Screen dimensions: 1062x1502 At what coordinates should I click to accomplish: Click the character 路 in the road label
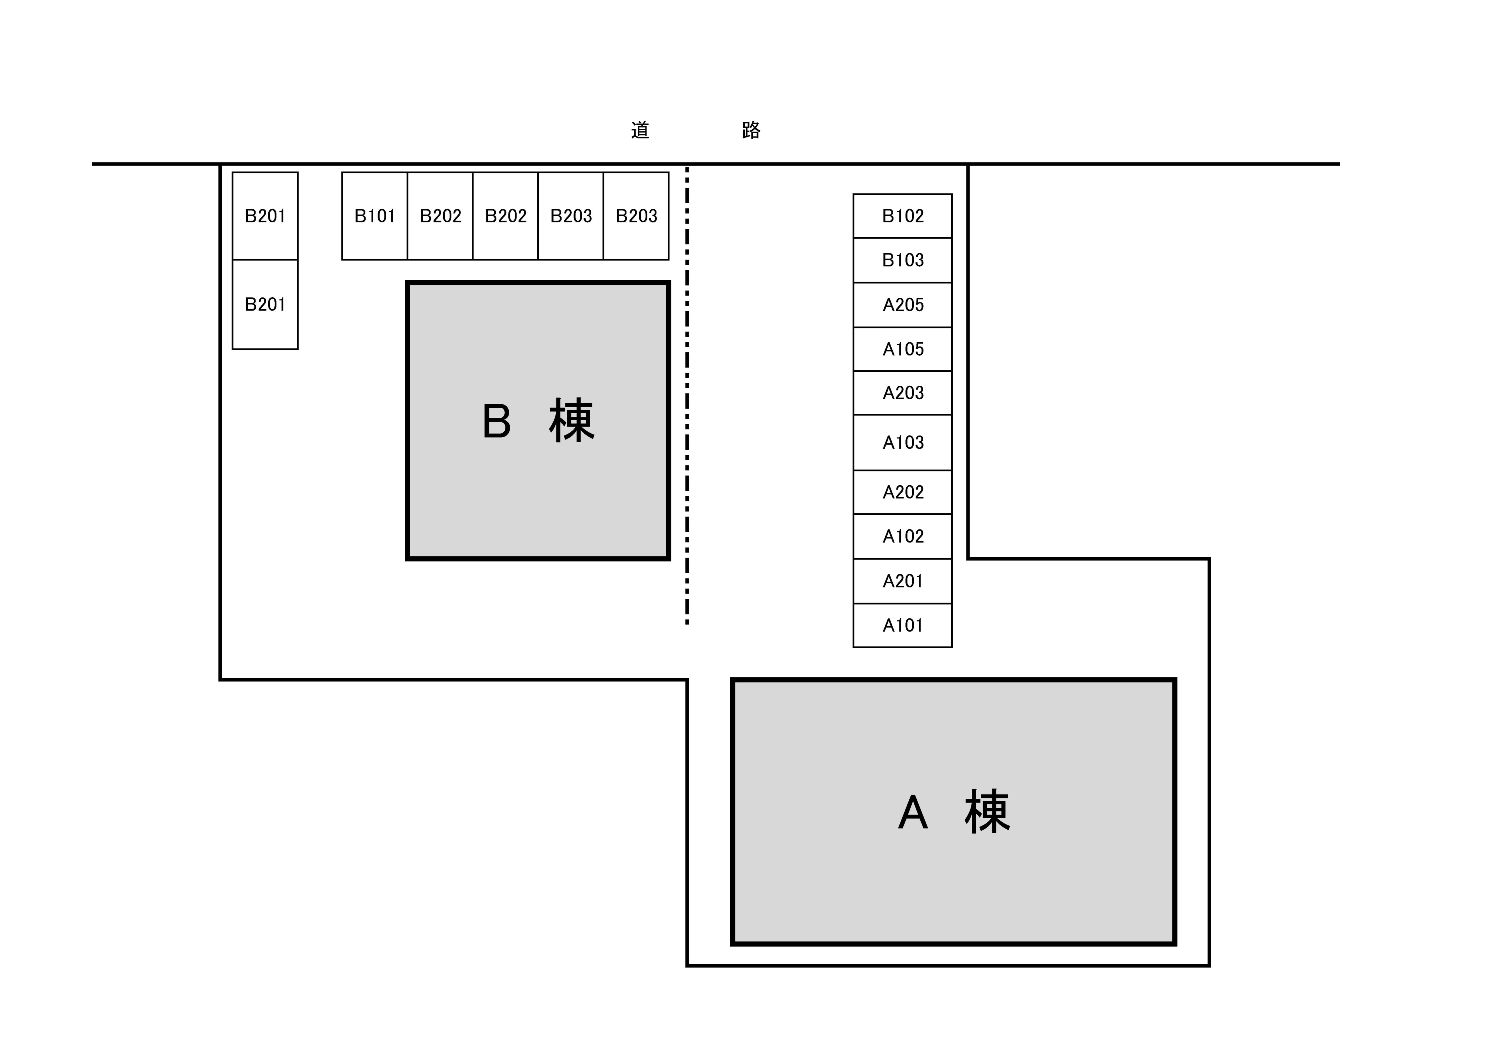[751, 130]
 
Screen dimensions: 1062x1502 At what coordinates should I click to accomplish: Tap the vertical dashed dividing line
[687, 393]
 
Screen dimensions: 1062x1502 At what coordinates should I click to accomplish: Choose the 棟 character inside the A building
[987, 812]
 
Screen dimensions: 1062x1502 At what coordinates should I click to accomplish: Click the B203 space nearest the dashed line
[636, 216]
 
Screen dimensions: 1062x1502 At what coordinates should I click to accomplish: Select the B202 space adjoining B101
[440, 216]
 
